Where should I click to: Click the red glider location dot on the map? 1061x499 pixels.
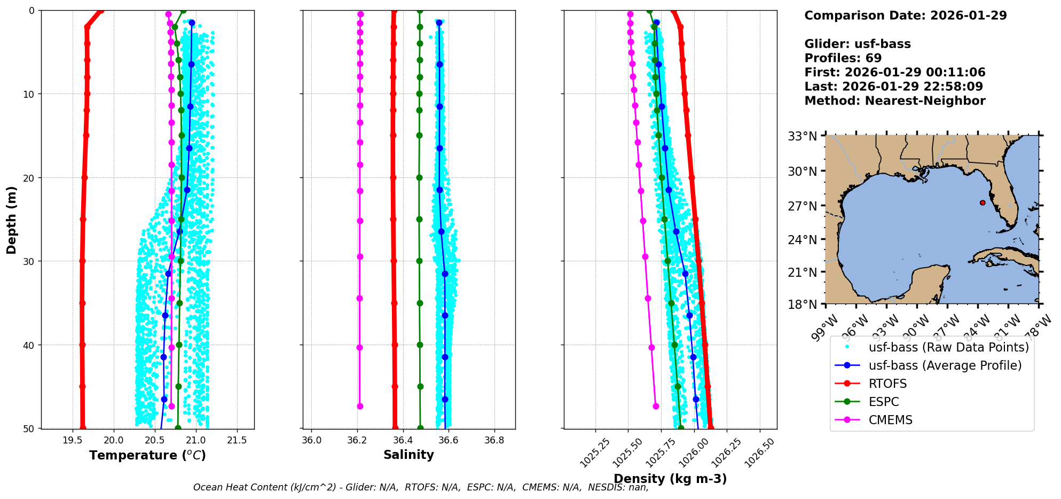point(983,202)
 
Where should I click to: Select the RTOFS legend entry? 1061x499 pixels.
point(887,384)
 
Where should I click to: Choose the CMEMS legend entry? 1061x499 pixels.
point(890,420)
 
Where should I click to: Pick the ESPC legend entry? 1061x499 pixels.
point(883,402)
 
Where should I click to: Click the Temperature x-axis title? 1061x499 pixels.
point(147,455)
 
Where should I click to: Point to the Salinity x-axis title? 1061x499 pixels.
point(408,455)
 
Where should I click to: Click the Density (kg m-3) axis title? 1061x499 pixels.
point(670,479)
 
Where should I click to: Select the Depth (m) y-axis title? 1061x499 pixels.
point(11,220)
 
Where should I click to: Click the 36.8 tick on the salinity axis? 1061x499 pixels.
point(494,440)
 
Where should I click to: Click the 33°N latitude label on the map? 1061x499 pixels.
point(803,136)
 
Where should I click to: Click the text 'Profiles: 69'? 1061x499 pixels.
point(843,58)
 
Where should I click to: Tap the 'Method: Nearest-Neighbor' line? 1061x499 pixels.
point(894,101)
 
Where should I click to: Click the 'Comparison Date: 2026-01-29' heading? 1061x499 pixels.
point(905,15)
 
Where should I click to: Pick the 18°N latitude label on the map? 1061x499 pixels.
point(803,305)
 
